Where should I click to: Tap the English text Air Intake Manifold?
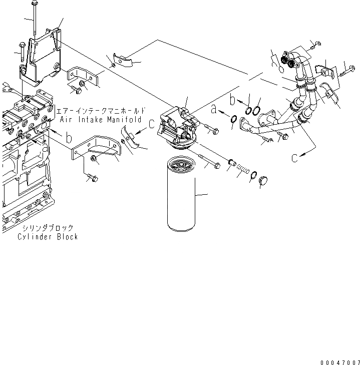[x=103, y=120]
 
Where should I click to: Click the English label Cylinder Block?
[x=48, y=237]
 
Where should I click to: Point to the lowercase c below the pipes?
[x=296, y=157]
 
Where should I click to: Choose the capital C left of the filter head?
[x=151, y=123]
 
